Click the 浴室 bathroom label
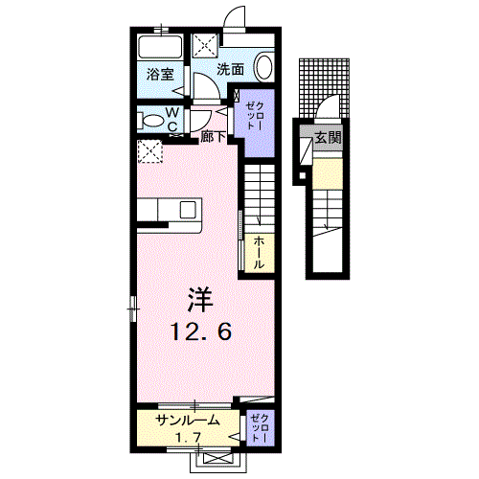click(x=159, y=73)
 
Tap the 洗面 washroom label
click(x=230, y=69)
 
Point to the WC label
click(x=172, y=118)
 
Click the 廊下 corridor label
click(x=214, y=137)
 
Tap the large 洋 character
click(x=199, y=301)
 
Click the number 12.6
click(x=200, y=332)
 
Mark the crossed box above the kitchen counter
click(x=148, y=151)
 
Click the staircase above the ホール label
click(x=258, y=196)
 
